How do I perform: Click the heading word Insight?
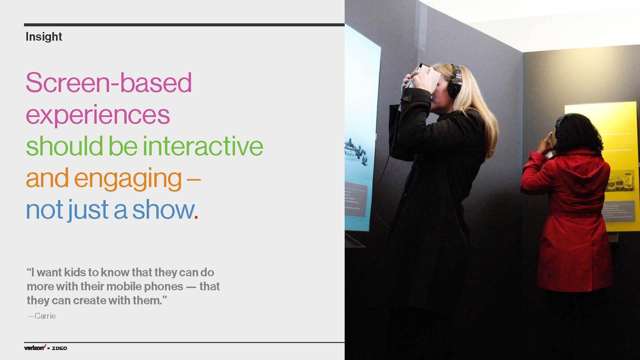point(44,37)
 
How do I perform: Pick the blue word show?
point(163,210)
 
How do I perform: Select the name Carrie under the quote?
point(45,316)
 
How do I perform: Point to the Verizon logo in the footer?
point(35,348)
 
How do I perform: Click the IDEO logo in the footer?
point(60,348)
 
